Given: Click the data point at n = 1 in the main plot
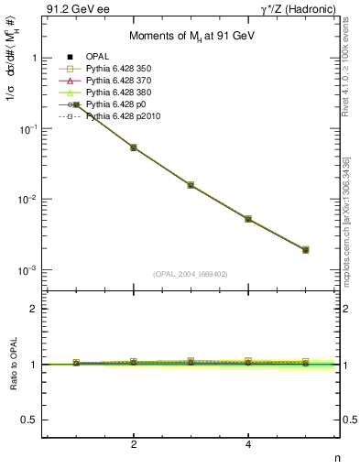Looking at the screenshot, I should click(77, 104).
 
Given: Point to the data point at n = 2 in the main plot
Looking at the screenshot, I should click(134, 147).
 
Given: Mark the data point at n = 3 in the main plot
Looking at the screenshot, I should click(191, 185).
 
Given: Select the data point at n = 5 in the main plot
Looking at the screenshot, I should click(305, 249).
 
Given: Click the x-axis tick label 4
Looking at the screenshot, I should click(248, 445).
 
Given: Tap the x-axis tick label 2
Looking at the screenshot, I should click(134, 445).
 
